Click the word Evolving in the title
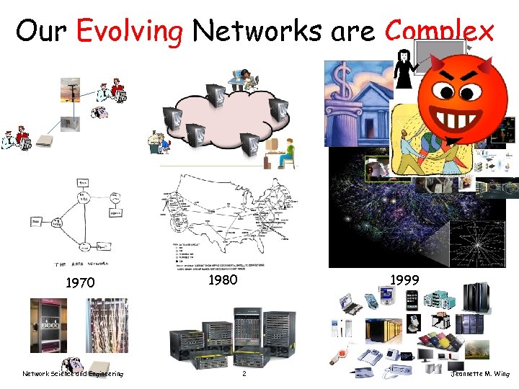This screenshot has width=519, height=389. pyautogui.click(x=130, y=31)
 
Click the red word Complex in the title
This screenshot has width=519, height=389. pyautogui.click(x=440, y=31)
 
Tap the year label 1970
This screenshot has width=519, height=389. pyautogui.click(x=80, y=283)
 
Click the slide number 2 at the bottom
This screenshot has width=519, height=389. pyautogui.click(x=244, y=374)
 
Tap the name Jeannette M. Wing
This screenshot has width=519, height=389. pyautogui.click(x=481, y=374)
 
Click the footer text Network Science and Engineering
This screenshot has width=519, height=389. pyautogui.click(x=73, y=374)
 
